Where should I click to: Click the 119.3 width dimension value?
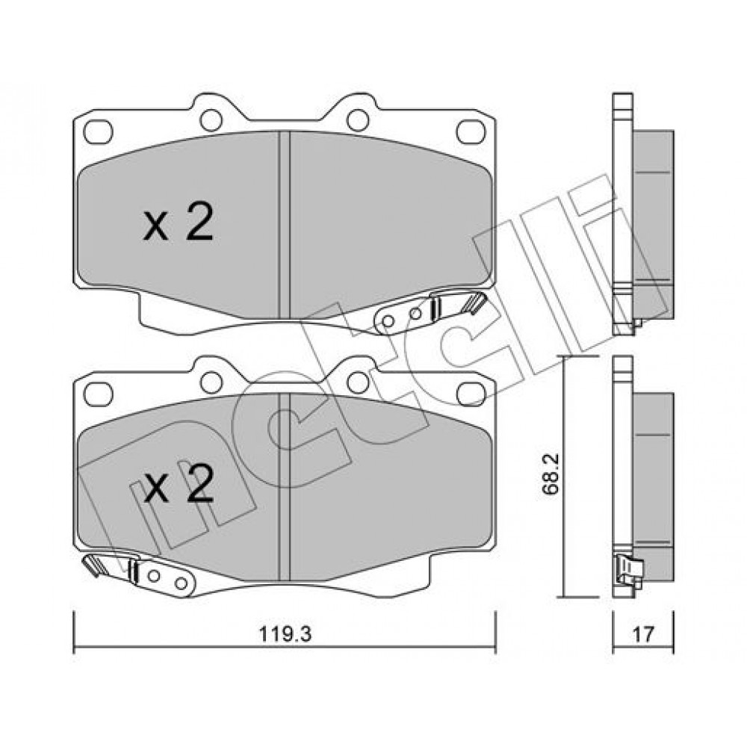click(x=285, y=633)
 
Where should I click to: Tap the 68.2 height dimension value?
click(x=552, y=476)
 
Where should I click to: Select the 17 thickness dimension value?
click(x=642, y=634)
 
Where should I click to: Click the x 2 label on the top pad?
click(x=179, y=223)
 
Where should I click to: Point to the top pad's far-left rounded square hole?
click(x=98, y=131)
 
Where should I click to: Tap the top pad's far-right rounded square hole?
click(x=471, y=131)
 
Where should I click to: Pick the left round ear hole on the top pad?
click(x=211, y=120)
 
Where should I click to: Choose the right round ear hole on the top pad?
click(x=359, y=120)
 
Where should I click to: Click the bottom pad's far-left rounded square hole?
click(x=98, y=394)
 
